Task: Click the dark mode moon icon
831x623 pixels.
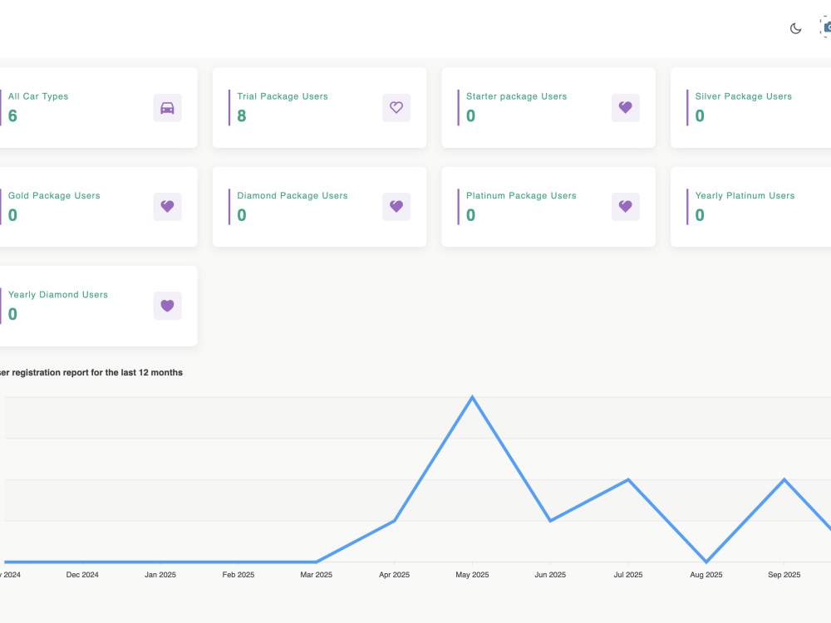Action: pyautogui.click(x=795, y=28)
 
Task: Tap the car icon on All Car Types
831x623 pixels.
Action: pyautogui.click(x=168, y=108)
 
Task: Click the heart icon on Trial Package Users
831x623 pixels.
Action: pyautogui.click(x=396, y=107)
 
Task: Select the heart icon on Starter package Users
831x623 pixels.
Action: pyautogui.click(x=626, y=107)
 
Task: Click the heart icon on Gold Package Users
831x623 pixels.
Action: pyautogui.click(x=168, y=207)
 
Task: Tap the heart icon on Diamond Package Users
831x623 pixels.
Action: pyautogui.click(x=396, y=207)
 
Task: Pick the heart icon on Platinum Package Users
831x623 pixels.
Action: pyautogui.click(x=626, y=207)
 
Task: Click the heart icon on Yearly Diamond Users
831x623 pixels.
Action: pyautogui.click(x=168, y=306)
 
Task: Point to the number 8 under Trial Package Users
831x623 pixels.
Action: pyautogui.click(x=242, y=115)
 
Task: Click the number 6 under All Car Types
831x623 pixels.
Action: pyautogui.click(x=12, y=115)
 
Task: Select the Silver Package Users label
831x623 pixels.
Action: pyautogui.click(x=744, y=96)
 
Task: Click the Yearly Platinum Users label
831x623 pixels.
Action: pyautogui.click(x=745, y=195)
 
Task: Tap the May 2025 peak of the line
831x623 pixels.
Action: pyautogui.click(x=472, y=397)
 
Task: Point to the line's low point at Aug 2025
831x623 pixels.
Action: pyautogui.click(x=706, y=562)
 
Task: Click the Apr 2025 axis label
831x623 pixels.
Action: pyautogui.click(x=394, y=575)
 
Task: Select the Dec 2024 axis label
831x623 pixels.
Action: pyautogui.click(x=82, y=575)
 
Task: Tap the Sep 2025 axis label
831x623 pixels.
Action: pyautogui.click(x=784, y=575)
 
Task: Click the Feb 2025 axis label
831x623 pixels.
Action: pyautogui.click(x=238, y=575)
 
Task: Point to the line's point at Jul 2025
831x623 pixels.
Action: pyautogui.click(x=628, y=479)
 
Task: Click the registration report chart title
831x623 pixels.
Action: pyautogui.click(x=91, y=372)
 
